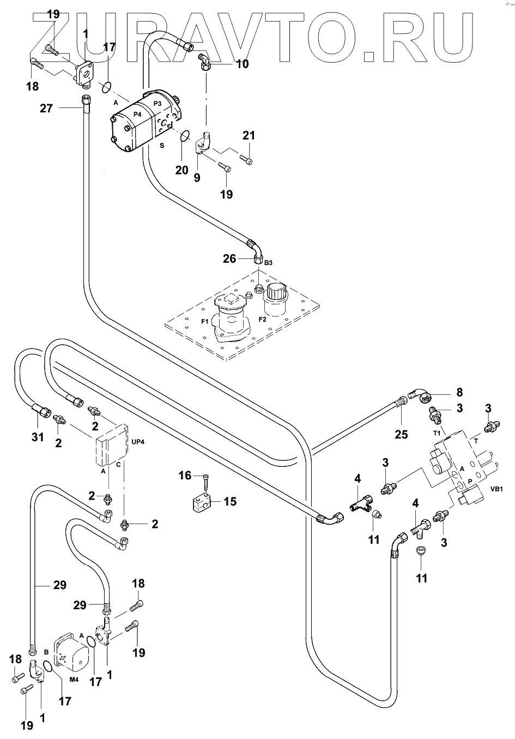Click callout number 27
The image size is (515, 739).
(x=46, y=109)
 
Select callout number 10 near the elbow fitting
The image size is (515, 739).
(x=242, y=64)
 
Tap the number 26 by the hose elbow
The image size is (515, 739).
(x=229, y=258)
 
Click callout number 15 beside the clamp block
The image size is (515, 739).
(x=230, y=501)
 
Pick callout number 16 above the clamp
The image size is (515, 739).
(x=185, y=476)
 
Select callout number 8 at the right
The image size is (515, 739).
(x=459, y=392)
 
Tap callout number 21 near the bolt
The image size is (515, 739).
(x=249, y=135)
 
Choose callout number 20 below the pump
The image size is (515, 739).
(x=181, y=170)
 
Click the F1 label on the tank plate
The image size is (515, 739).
(x=205, y=322)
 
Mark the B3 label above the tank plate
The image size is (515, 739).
(x=268, y=263)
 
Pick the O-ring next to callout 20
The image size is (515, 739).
(x=185, y=135)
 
